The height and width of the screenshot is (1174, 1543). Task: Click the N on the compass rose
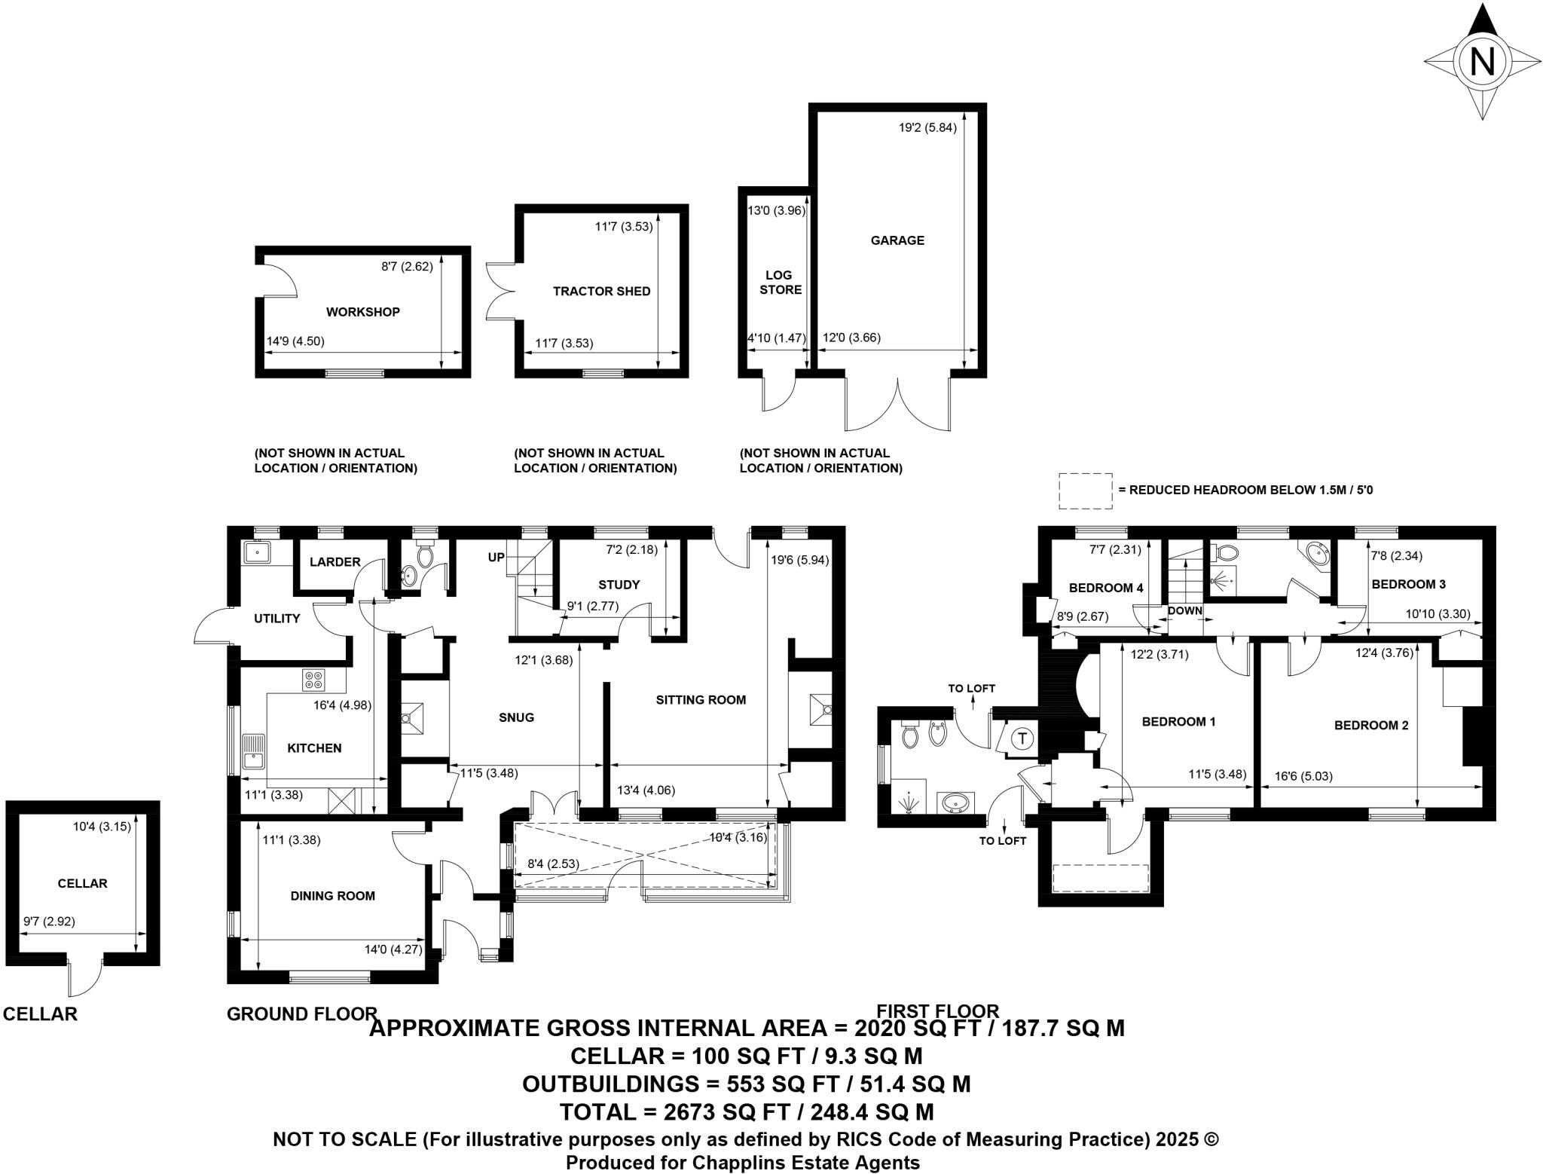[1482, 61]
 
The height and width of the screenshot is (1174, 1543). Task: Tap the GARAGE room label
[897, 240]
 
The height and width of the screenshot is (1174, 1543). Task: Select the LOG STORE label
[780, 283]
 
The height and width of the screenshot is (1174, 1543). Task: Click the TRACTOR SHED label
[601, 292]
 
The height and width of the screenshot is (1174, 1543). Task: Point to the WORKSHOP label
[362, 312]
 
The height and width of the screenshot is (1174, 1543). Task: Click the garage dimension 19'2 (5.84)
[927, 127]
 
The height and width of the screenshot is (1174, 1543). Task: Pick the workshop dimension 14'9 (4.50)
[295, 341]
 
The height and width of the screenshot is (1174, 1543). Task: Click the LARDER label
[335, 562]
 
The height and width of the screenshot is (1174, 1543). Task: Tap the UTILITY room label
[277, 619]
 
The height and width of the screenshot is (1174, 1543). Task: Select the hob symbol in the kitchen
[313, 680]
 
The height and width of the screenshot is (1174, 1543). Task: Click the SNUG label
[516, 717]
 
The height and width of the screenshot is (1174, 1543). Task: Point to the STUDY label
[619, 585]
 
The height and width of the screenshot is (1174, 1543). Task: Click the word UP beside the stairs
[496, 558]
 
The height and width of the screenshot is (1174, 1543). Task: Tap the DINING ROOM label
[332, 896]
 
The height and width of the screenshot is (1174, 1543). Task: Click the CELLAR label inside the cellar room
[82, 883]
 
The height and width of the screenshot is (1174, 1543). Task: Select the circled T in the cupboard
[1022, 738]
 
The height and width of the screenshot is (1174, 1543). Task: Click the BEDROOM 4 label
[1105, 588]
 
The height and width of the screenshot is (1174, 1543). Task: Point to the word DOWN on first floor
[1185, 610]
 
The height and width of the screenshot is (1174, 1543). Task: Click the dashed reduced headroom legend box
[1085, 491]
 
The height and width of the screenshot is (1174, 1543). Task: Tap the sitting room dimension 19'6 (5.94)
[799, 560]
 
